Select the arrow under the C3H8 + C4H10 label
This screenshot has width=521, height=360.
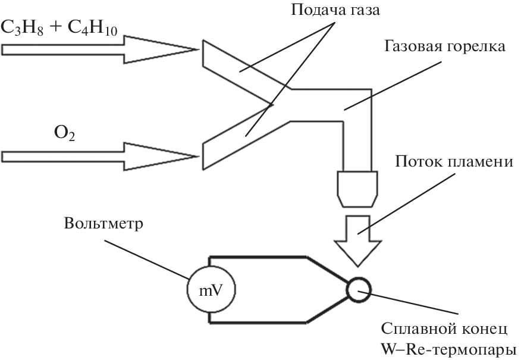click(x=98, y=48)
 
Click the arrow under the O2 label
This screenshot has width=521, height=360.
click(x=98, y=156)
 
